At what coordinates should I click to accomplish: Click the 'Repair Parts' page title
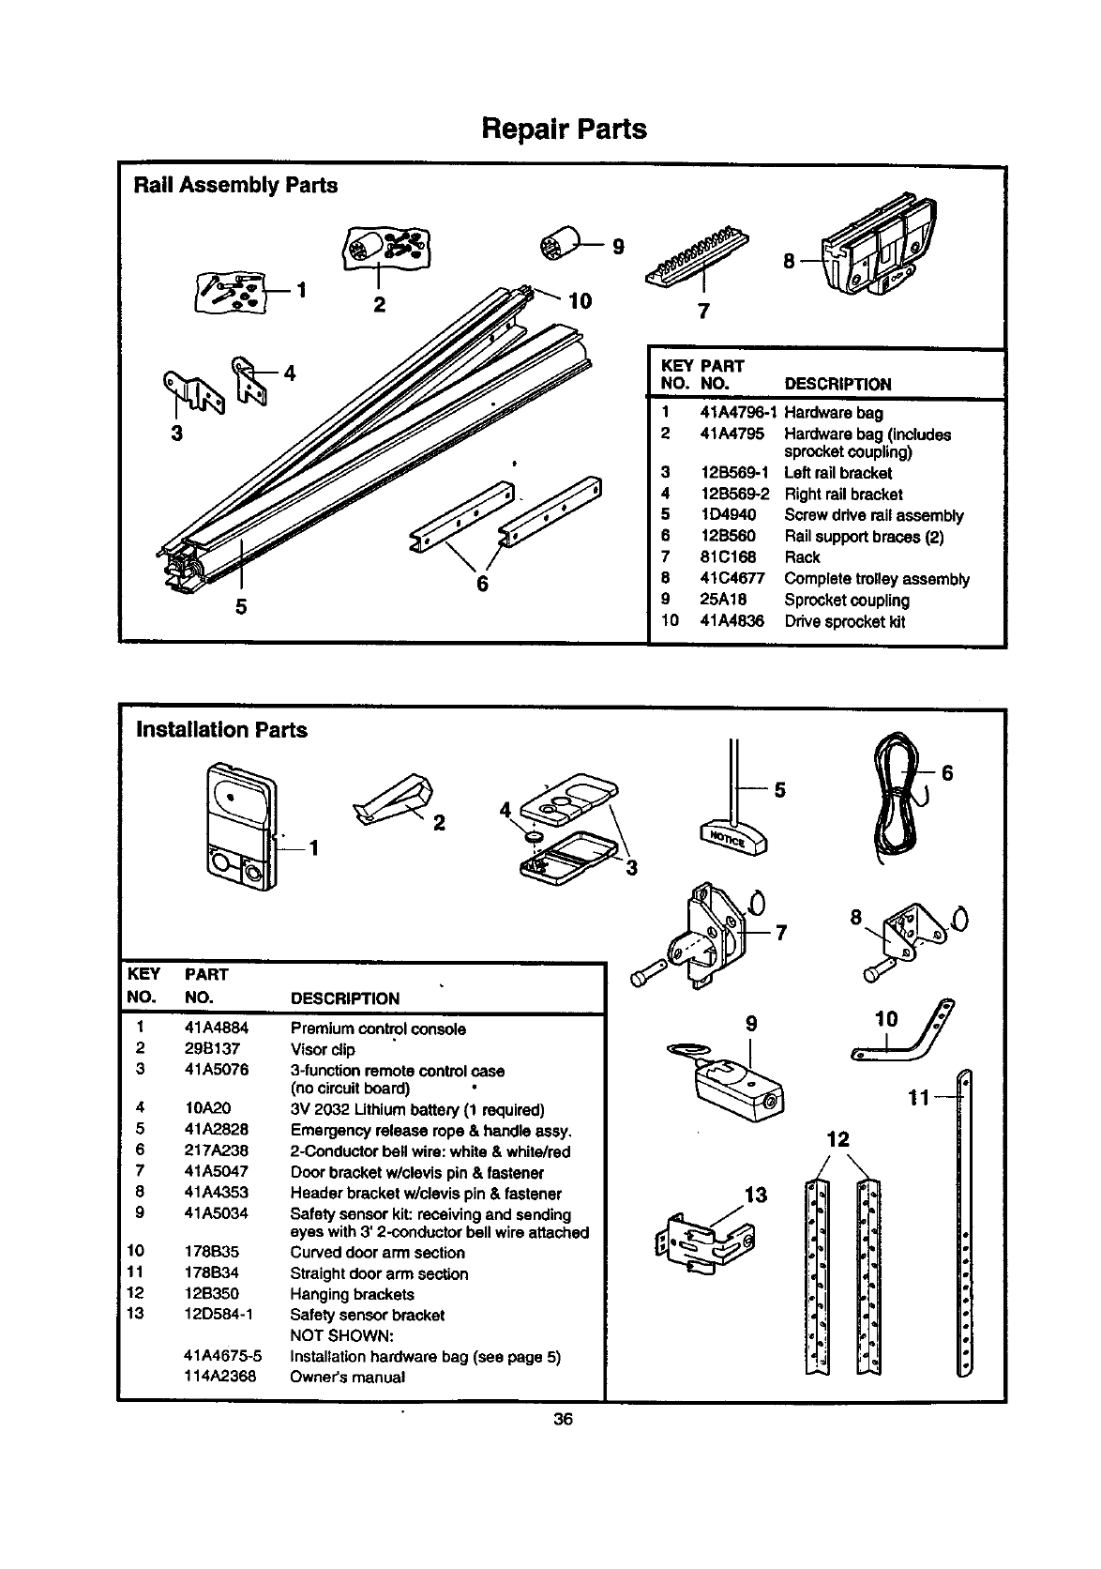[x=564, y=129]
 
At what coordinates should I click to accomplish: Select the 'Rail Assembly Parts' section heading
[x=235, y=185]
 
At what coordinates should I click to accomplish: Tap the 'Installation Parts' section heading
[x=221, y=729]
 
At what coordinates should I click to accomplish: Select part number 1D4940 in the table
[x=728, y=515]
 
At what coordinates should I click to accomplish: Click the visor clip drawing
[x=393, y=800]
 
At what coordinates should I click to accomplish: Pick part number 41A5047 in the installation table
[x=217, y=1172]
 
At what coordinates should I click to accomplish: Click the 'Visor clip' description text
[x=323, y=1050]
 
